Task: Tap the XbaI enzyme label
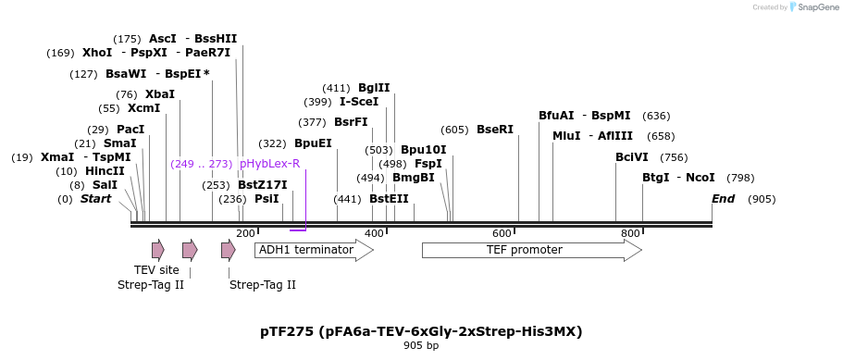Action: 159,94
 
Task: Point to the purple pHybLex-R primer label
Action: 269,164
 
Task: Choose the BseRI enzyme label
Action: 494,130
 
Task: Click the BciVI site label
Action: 632,157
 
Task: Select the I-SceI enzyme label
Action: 359,102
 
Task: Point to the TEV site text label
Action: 156,270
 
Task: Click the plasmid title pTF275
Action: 421,331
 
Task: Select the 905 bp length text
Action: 421,346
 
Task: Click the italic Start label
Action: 95,199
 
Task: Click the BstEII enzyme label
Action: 389,199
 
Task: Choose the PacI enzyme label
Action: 130,130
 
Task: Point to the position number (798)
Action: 740,178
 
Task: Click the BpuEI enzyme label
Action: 313,143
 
